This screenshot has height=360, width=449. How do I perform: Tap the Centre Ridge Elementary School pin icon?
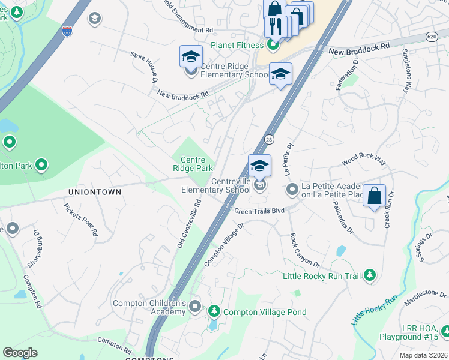(191, 71)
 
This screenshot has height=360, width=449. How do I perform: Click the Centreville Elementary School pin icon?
(259, 185)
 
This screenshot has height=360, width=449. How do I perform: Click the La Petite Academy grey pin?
(292, 190)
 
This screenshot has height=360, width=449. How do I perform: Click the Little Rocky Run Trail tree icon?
(370, 275)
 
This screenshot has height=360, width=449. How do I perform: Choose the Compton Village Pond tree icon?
(214, 311)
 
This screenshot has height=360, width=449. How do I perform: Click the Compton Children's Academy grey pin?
(194, 307)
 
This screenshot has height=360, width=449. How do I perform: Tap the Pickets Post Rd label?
(80, 220)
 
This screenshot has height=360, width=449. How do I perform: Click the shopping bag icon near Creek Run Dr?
(374, 196)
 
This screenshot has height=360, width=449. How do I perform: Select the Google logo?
(20, 353)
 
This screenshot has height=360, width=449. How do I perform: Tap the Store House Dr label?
(144, 67)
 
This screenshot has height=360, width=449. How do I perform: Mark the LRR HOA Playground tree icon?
(445, 331)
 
